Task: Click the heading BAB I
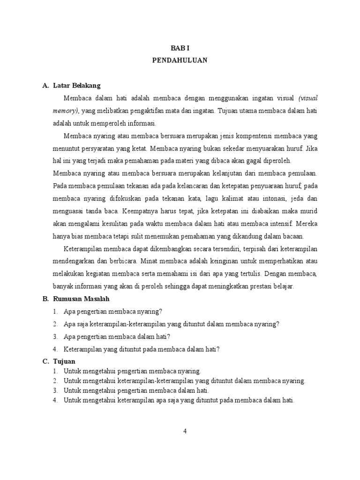click(x=180, y=48)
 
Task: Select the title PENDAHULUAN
click(x=180, y=60)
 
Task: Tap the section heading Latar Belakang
click(x=76, y=86)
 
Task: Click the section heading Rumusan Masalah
click(x=82, y=299)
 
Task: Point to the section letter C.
click(x=45, y=361)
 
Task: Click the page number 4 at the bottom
click(x=185, y=432)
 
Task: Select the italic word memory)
click(x=66, y=111)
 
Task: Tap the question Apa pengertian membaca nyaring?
click(x=112, y=311)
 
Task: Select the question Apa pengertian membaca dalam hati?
click(x=117, y=337)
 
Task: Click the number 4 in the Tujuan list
click(x=55, y=400)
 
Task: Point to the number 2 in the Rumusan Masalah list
click(x=55, y=324)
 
